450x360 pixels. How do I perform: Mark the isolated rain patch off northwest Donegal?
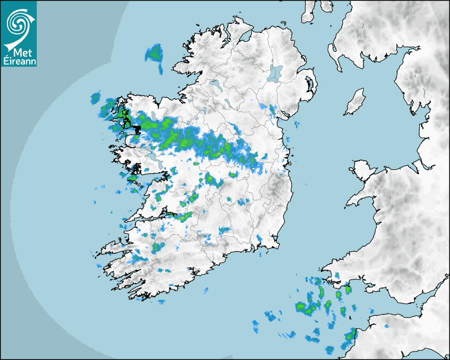click(x=155, y=53)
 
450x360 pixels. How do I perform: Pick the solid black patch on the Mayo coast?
click(x=137, y=129)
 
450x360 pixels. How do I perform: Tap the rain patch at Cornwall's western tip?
click(x=350, y=335)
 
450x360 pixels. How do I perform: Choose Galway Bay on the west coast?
click(x=146, y=177)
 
